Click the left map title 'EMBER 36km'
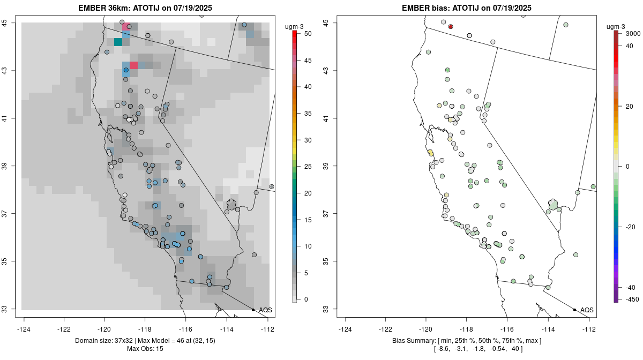(106, 8)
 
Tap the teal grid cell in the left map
(118, 42)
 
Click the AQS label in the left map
(265, 310)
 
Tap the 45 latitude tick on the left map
(11, 22)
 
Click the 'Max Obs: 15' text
(145, 349)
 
